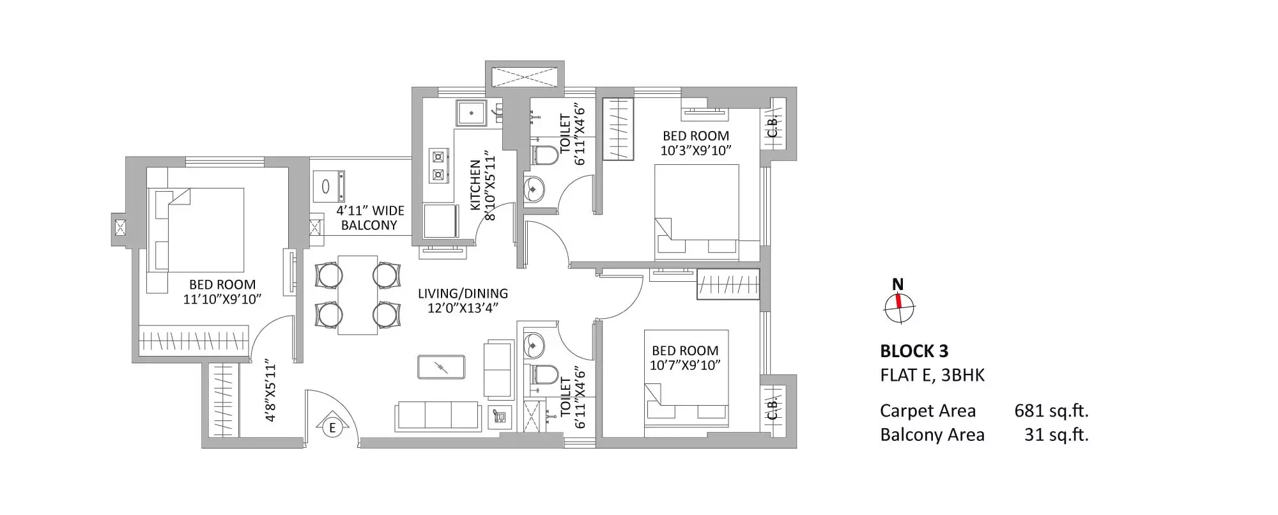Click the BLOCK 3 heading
point(914,351)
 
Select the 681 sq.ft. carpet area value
point(1051,411)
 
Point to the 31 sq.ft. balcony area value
point(1056,435)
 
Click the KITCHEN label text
point(475,185)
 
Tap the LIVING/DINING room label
point(463,293)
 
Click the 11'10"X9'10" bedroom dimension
point(222,299)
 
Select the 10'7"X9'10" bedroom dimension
point(685,365)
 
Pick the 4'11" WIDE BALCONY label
point(370,218)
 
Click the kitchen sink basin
point(471,113)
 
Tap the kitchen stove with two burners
point(438,165)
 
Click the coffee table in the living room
point(441,367)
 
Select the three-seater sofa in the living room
point(438,416)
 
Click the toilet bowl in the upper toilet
point(544,155)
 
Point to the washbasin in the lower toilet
point(534,346)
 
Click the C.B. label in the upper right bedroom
point(772,127)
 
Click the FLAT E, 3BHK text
point(932,375)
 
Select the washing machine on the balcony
point(328,187)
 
